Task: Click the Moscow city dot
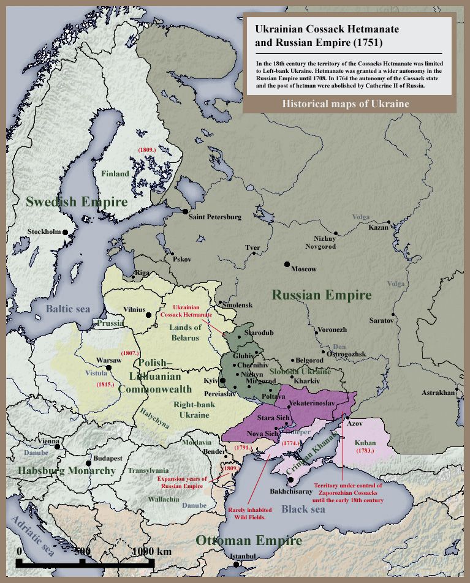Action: pyautogui.click(x=287, y=264)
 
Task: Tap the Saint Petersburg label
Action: pyautogui.click(x=214, y=217)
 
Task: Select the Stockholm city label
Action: pyautogui.click(x=45, y=231)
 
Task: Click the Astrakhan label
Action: pyautogui.click(x=439, y=392)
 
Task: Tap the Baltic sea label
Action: pyautogui.click(x=68, y=309)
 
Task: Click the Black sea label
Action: pyautogui.click(x=304, y=509)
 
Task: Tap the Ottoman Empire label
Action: pyautogui.click(x=249, y=541)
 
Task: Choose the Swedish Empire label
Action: pyautogui.click(x=77, y=202)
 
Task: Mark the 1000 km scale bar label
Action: pyautogui.click(x=151, y=551)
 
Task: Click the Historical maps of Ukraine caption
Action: pyautogui.click(x=346, y=104)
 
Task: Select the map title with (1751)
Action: pyautogui.click(x=318, y=36)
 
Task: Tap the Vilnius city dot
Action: pyautogui.click(x=148, y=315)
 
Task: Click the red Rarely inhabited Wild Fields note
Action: pyautogui.click(x=250, y=513)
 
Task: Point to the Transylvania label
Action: pyautogui.click(x=148, y=471)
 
